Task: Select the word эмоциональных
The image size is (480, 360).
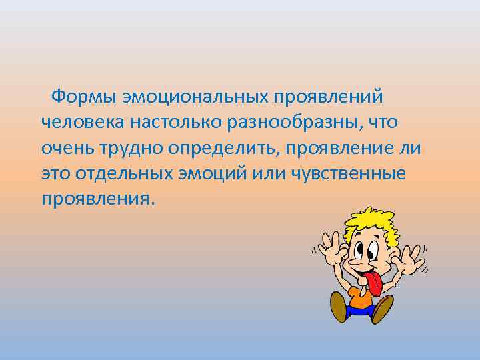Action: [193, 97]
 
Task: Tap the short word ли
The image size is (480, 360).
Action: [412, 148]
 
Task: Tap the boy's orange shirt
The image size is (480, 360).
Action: [360, 300]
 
